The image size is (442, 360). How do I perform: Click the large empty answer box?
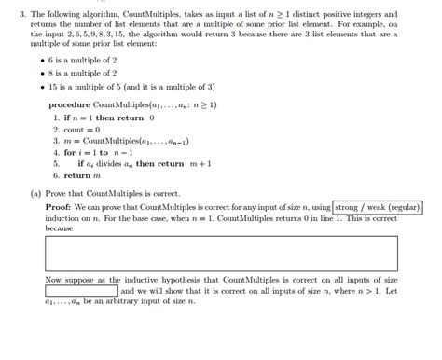[220, 253]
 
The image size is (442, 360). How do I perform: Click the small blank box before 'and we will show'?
[81, 290]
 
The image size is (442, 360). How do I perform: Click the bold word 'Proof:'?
[59, 207]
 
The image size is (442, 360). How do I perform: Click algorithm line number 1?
[56, 118]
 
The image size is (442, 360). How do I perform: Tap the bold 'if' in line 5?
[81, 163]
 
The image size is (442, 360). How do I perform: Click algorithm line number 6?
[56, 174]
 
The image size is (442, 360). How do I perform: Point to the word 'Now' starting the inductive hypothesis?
[53, 279]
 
